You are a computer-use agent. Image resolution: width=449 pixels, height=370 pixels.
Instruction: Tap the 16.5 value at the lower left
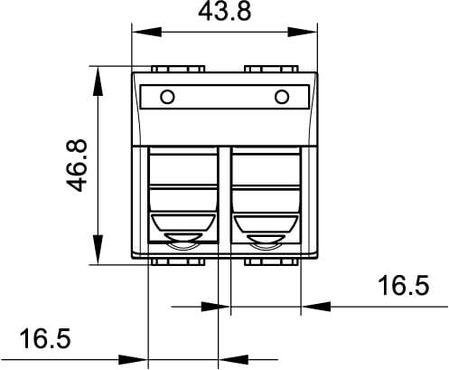44,340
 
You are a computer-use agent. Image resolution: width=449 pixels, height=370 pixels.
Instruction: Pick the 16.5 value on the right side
402,287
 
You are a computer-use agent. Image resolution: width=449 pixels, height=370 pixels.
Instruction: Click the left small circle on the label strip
166,97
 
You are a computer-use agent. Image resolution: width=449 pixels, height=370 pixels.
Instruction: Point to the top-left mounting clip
178,69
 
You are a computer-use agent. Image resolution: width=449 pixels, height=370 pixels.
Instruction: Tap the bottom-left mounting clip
178,262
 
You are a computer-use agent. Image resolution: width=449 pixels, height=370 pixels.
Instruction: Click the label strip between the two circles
225,97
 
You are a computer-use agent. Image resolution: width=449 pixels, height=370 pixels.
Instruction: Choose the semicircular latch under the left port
183,242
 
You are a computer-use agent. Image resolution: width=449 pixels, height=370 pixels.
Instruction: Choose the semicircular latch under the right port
267,242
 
